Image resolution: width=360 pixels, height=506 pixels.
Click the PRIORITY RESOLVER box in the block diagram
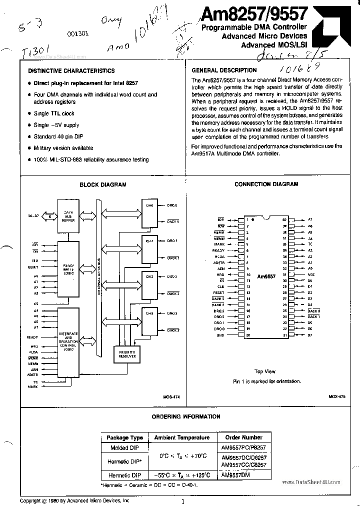coord(127,354)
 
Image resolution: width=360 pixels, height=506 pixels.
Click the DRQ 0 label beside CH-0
coord(172,205)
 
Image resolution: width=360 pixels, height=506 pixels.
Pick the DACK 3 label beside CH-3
coord(172,330)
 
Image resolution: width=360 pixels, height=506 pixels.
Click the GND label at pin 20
coord(220,335)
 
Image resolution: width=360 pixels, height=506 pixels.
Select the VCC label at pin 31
coord(310,274)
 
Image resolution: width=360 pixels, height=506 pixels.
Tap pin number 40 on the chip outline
coord(284,219)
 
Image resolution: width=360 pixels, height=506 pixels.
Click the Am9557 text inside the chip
coord(265,275)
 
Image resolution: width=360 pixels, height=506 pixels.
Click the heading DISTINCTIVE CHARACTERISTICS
coord(71,71)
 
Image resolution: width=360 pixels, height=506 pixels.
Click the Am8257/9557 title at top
coord(255,13)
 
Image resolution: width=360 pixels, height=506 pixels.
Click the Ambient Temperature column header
coord(182,437)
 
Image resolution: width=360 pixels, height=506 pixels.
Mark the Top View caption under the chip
coord(265,371)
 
